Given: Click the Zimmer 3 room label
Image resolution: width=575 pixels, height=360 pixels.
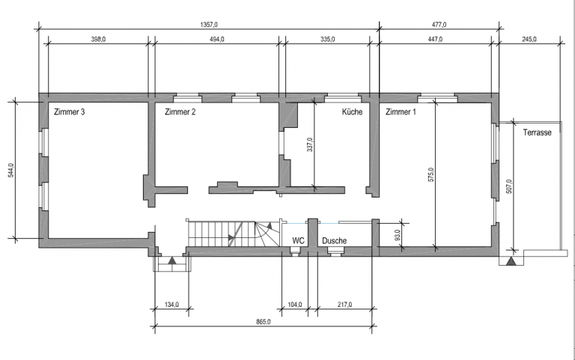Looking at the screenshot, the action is click(x=70, y=112).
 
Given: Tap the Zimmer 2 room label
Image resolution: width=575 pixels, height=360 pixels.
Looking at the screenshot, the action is click(x=180, y=112).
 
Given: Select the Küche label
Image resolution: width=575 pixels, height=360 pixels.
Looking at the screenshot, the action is click(x=352, y=112).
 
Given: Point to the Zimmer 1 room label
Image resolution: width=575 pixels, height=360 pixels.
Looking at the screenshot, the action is click(x=401, y=112).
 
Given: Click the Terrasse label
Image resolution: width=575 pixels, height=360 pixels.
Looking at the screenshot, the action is click(x=538, y=132).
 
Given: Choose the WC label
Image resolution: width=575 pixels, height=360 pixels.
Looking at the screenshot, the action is click(x=298, y=241).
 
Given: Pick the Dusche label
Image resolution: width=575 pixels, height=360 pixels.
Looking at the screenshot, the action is click(x=335, y=241).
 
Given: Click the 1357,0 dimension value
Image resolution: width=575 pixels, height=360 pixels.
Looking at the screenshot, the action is click(x=209, y=25).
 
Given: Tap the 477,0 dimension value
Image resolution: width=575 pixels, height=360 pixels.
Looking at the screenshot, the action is click(x=439, y=25).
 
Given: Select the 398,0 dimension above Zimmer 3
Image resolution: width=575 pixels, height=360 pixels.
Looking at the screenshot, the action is click(x=98, y=39).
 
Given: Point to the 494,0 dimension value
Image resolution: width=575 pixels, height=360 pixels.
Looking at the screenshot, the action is click(x=216, y=39).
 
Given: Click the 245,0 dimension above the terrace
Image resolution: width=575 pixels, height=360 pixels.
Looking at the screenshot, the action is click(x=529, y=39).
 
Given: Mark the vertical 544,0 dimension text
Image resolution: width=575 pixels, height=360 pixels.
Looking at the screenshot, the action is click(x=11, y=171).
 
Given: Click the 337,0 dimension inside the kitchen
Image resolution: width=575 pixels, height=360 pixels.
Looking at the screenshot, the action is click(x=310, y=144).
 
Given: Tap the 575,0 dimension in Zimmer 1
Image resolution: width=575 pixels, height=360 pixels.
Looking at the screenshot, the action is click(x=431, y=175).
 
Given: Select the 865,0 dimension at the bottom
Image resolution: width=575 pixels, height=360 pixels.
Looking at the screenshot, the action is click(x=264, y=322).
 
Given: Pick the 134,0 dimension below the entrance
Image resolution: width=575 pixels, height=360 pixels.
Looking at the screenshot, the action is click(x=171, y=305).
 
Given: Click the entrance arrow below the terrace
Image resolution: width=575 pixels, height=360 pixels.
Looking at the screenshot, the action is click(x=511, y=261).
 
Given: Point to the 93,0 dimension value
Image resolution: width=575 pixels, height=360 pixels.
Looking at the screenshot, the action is click(x=398, y=235).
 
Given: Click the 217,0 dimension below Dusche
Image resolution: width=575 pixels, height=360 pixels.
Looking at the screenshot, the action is click(x=344, y=305).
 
